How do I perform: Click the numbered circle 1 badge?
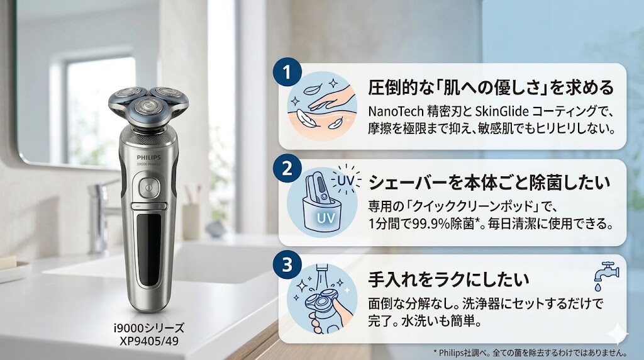pos(287,73)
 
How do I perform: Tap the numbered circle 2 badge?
pos(287,169)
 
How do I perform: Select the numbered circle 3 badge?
pos(287,264)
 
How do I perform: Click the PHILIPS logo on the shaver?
pos(148,157)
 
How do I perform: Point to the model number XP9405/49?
pos(149,341)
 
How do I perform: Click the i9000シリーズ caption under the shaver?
pos(149,328)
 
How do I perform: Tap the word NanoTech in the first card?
pos(395,111)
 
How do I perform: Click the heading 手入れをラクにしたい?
pos(448,279)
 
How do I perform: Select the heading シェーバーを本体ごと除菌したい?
pos(489,183)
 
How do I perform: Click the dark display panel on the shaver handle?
pos(149,250)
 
